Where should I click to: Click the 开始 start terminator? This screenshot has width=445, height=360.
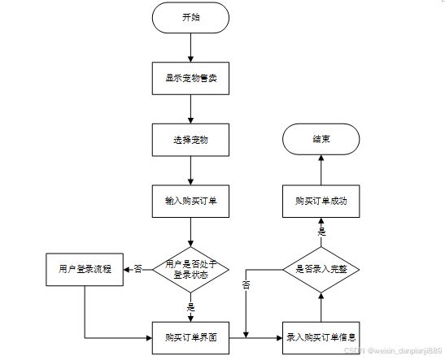pos(190,18)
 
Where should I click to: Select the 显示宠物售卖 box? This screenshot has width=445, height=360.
pos(190,79)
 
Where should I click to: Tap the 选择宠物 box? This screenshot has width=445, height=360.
pos(190,140)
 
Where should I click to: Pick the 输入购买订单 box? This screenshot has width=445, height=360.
pos(190,202)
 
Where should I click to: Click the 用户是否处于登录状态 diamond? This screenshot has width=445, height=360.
pos(190,270)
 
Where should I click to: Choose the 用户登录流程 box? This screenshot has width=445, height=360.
pos(85,270)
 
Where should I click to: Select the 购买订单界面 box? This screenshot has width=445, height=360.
pos(190,338)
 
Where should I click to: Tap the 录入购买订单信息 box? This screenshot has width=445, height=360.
pos(321,338)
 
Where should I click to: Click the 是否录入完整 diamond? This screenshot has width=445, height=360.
pos(321,270)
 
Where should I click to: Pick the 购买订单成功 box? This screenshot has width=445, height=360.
pos(321,202)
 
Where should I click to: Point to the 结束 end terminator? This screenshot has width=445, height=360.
pos(321,139)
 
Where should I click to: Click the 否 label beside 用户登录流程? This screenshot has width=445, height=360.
pos(138,269)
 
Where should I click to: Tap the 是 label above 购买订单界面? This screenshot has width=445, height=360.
pos(190,307)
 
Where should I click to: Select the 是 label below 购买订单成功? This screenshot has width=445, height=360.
pos(321,232)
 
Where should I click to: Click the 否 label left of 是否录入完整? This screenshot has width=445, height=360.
pos(246,285)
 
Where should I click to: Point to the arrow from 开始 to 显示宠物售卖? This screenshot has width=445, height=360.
pos(190,48)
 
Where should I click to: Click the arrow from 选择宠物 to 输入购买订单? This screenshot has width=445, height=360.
pos(190,171)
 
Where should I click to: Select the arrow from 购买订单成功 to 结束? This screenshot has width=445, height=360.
pos(321,170)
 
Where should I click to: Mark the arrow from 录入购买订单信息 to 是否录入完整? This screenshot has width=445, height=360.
pos(321,307)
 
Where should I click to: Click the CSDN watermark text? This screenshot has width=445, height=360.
pos(393,350)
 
